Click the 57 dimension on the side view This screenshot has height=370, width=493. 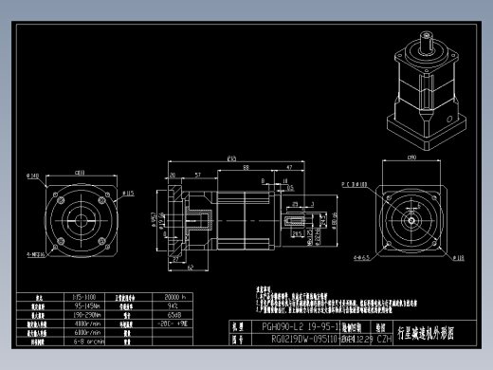pyautogui.click(x=196, y=176)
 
